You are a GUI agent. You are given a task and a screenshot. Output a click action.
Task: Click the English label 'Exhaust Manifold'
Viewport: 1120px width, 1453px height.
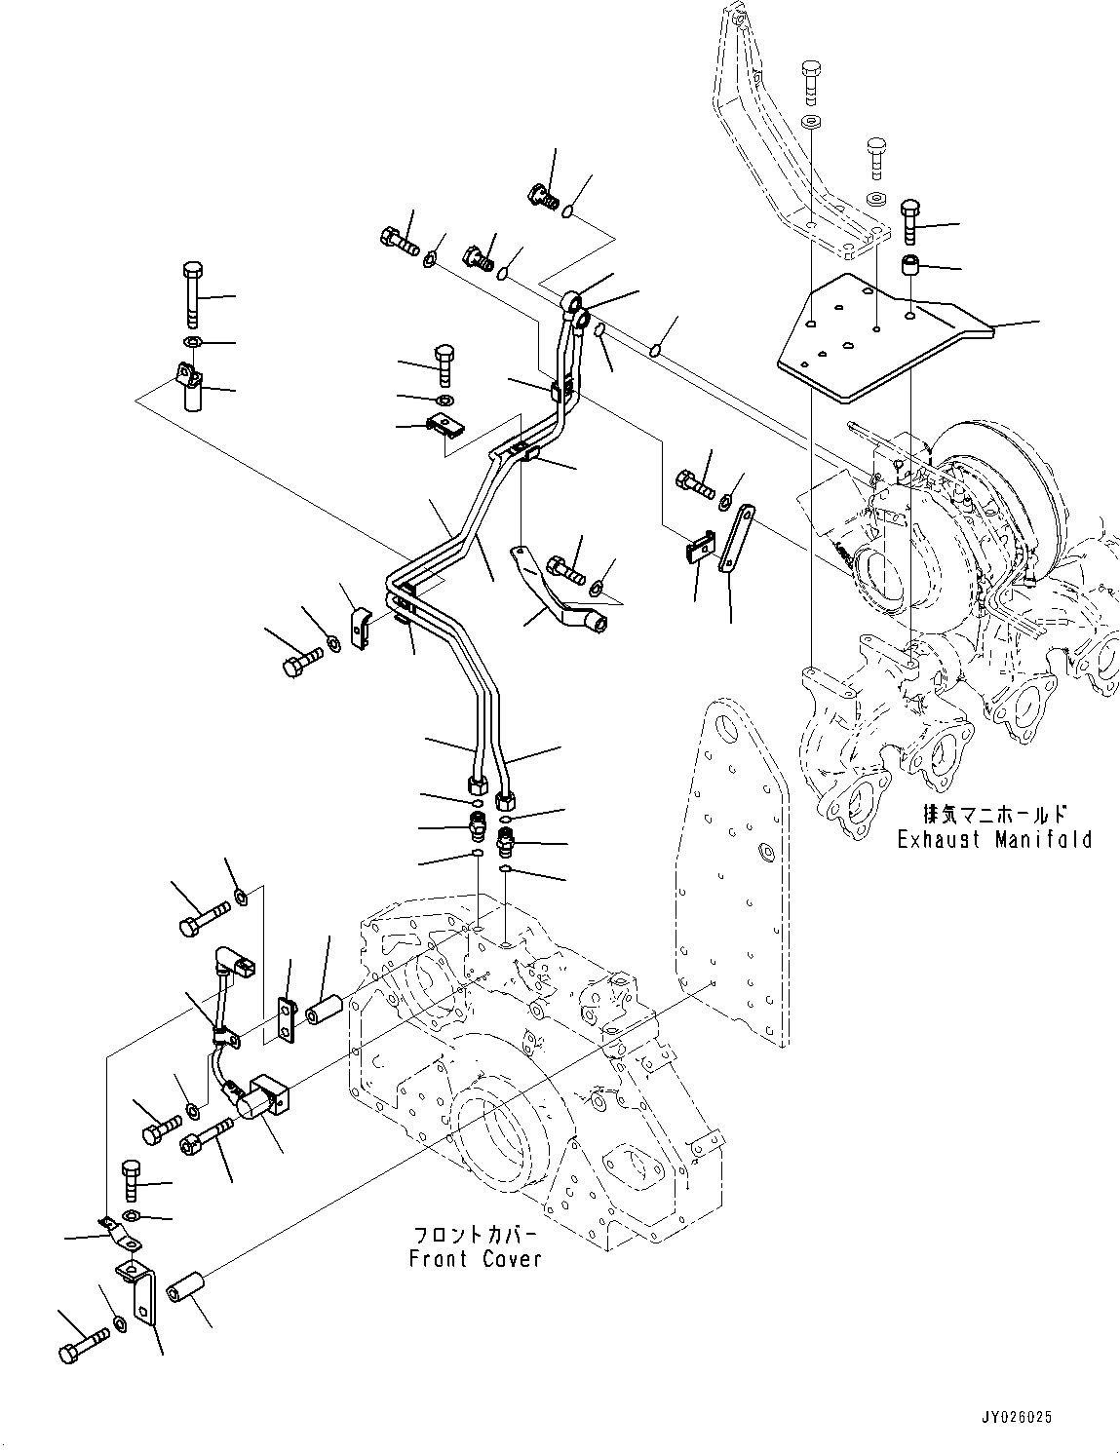pos(994,839)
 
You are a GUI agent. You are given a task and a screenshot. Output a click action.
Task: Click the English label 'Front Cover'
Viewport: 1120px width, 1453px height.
pos(475,1259)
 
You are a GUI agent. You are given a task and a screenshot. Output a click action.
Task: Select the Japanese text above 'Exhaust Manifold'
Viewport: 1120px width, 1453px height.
pos(994,814)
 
